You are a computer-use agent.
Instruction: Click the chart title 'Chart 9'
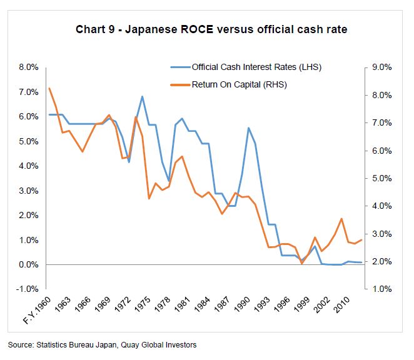(96, 29)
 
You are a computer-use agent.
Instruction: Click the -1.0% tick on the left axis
(29, 289)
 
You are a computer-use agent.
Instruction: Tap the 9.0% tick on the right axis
(381, 67)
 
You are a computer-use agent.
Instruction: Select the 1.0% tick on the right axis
(381, 289)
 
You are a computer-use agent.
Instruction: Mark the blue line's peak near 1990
(248, 127)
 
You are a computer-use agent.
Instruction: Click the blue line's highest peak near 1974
(143, 96)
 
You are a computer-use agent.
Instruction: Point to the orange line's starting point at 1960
(49, 88)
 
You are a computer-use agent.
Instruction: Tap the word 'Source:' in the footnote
(20, 344)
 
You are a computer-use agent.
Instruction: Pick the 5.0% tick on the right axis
(381, 179)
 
